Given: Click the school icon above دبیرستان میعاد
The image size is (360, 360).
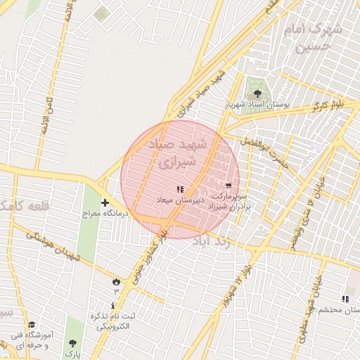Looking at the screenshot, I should coord(180,189).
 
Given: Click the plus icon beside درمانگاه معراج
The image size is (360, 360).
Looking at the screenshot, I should coord(105,202).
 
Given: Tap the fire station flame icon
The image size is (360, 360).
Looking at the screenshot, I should coord(115,281).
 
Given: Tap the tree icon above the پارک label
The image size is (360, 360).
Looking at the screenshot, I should coord(72,343).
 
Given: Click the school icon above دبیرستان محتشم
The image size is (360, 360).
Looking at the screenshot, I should coord(345,298).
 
